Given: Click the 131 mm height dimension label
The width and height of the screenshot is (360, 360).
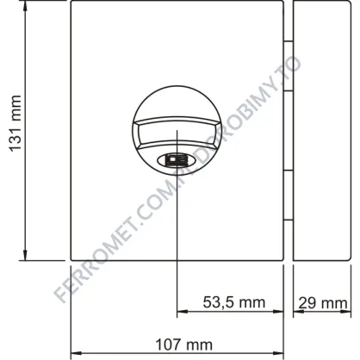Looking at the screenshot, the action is (x=15, y=123).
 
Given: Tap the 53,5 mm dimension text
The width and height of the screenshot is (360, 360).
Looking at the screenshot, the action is (x=234, y=302).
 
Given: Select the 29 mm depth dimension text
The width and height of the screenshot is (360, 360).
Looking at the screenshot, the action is (x=323, y=303).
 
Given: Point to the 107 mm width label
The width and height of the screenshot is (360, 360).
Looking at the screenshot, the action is (x=183, y=344).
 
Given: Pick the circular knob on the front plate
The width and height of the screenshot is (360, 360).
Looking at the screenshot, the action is (x=177, y=130).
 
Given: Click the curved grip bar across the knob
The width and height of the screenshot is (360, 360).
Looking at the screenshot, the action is (x=177, y=131).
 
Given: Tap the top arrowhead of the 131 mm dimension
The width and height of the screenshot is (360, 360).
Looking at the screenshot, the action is (x=25, y=5).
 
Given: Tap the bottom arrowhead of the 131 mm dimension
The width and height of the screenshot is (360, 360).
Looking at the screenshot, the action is (x=25, y=256).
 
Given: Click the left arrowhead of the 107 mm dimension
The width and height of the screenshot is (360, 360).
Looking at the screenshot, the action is (x=76, y=353).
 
